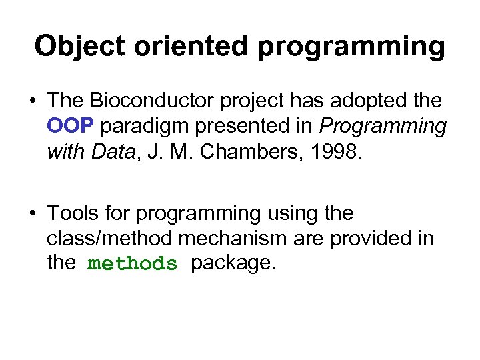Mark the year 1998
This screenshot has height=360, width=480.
coord(340,153)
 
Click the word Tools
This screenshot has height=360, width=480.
coord(73,213)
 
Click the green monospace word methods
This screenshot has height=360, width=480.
coord(133,264)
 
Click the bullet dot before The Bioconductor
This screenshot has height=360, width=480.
coord(33,102)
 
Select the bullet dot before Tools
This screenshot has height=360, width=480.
coord(33,214)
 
